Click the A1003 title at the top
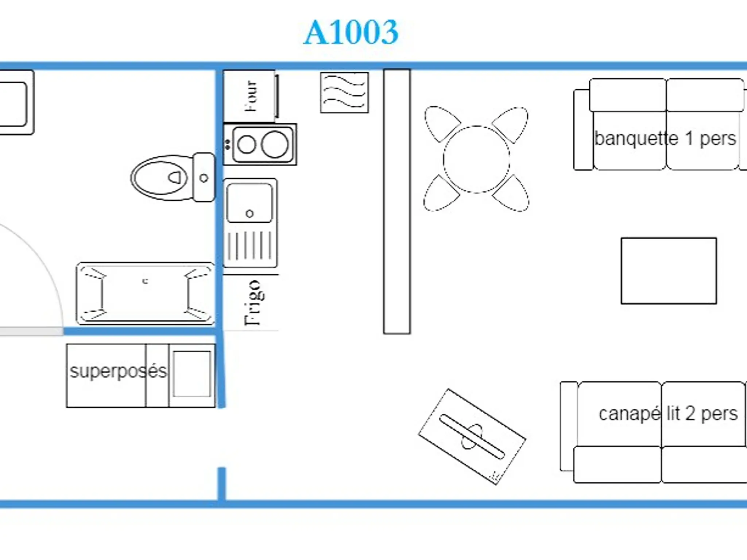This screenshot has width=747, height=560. [x=351, y=32]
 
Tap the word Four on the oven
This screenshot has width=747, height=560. [x=251, y=96]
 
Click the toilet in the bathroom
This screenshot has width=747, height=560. [x=173, y=178]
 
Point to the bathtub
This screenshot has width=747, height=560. [x=146, y=293]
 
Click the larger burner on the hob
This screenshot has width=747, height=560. [x=275, y=144]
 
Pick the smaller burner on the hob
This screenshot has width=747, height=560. [x=247, y=145]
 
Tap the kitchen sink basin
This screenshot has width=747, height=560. [x=249, y=203]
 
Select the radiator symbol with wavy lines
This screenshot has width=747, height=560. [x=344, y=93]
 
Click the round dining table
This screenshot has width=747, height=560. [x=476, y=159]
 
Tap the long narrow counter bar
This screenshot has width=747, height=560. [x=397, y=201]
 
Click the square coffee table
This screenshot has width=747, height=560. [x=669, y=271]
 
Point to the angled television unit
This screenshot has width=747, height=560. [x=472, y=436]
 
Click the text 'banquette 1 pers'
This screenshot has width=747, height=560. [x=665, y=139]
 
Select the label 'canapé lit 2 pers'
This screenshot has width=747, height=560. [x=668, y=414]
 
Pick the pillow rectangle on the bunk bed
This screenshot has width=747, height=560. [x=192, y=374]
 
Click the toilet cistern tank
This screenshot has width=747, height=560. [x=204, y=178]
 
